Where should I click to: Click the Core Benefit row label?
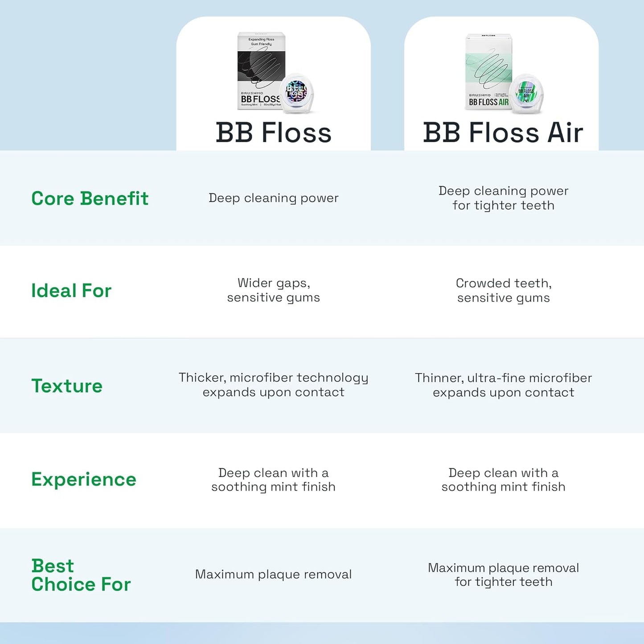(90, 198)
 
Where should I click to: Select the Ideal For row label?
(71, 291)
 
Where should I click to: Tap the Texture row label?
(67, 386)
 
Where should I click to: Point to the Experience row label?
(84, 480)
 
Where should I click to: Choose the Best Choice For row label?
(81, 575)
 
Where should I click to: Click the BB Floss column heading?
(274, 133)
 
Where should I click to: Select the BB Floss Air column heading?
(503, 133)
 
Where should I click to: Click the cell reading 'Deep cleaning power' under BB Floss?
(274, 198)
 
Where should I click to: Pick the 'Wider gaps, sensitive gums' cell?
(274, 290)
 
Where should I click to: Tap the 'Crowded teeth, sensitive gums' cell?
(504, 290)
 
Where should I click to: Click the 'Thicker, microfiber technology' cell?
(274, 385)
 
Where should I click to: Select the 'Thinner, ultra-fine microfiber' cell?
(504, 385)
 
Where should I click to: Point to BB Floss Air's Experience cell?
(504, 480)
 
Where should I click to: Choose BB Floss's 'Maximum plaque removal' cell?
(274, 574)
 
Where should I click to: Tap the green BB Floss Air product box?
(488, 71)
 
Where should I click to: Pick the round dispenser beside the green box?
(527, 94)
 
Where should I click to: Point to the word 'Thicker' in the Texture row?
(201, 377)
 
